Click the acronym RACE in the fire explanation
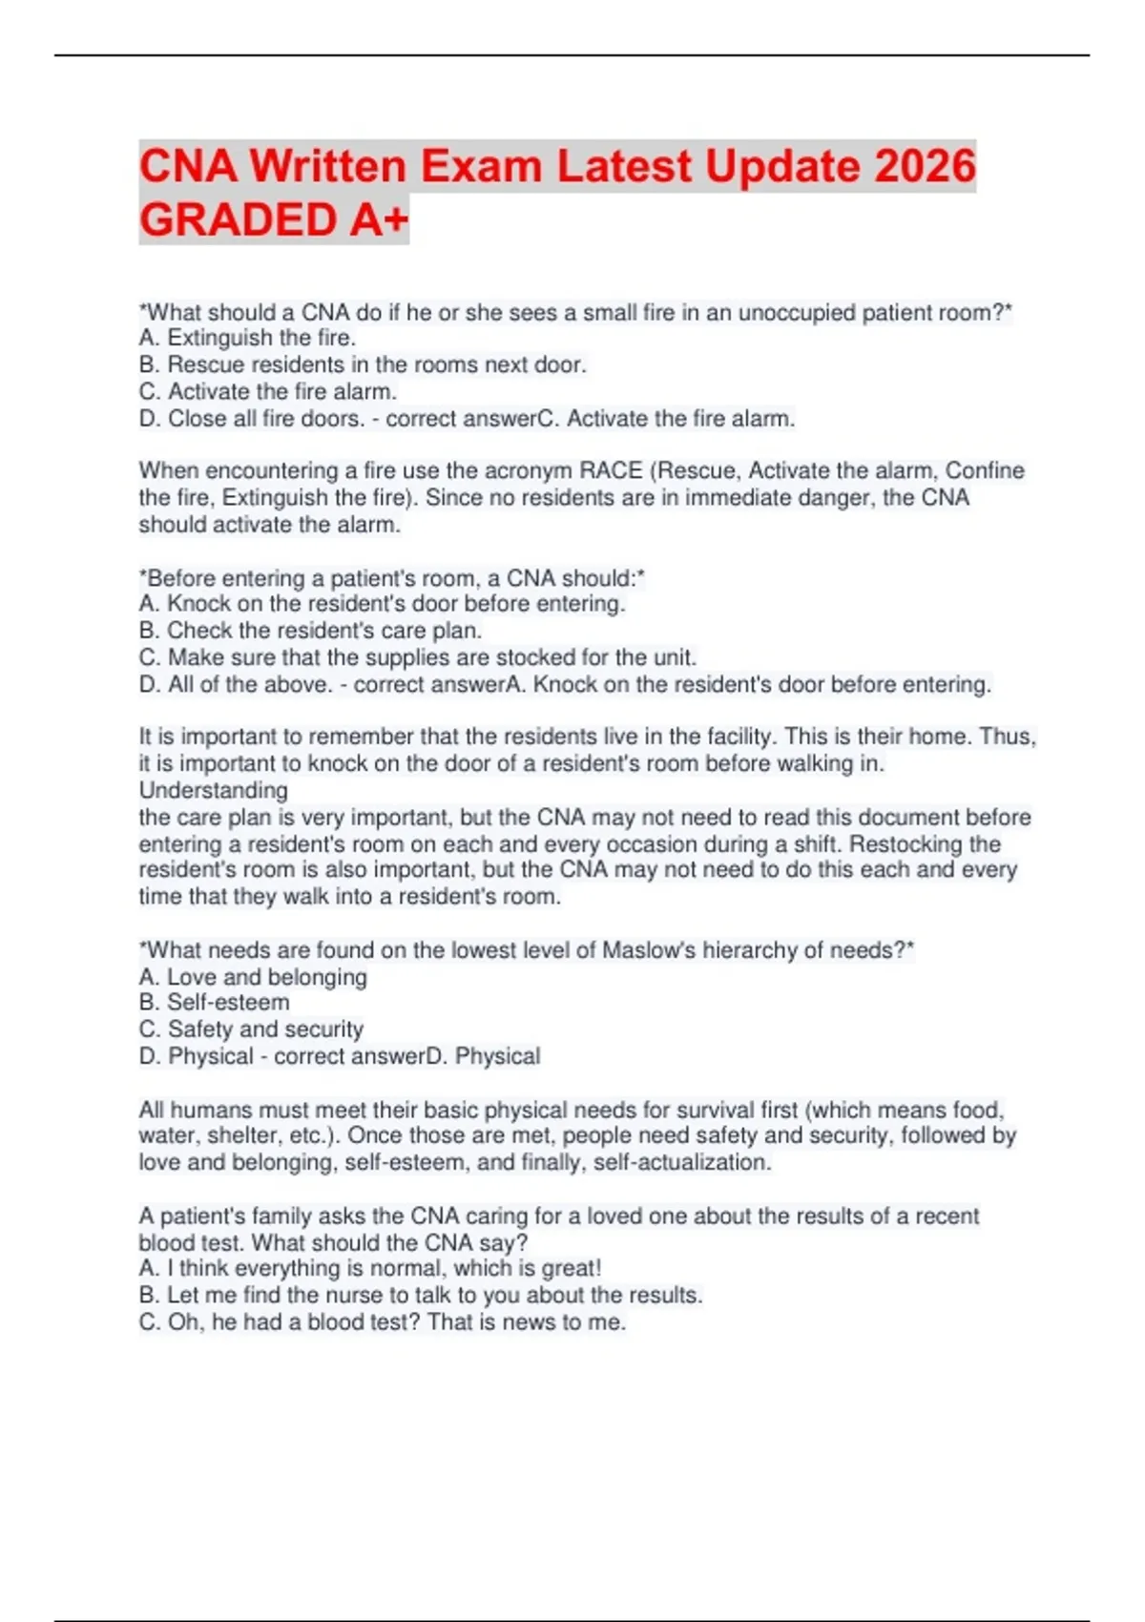[x=611, y=470]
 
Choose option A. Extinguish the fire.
[x=247, y=338]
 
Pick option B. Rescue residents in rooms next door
[x=363, y=364]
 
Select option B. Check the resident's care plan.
[x=310, y=631]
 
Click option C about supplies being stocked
[x=418, y=657]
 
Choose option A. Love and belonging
[x=253, y=977]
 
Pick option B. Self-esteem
[x=214, y=1003]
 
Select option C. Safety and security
[x=251, y=1029]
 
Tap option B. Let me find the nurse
[x=420, y=1296]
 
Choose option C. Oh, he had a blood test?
[x=382, y=1322]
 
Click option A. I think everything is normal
[x=370, y=1269]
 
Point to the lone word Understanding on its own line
[x=214, y=790]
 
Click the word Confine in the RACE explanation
[x=985, y=470]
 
